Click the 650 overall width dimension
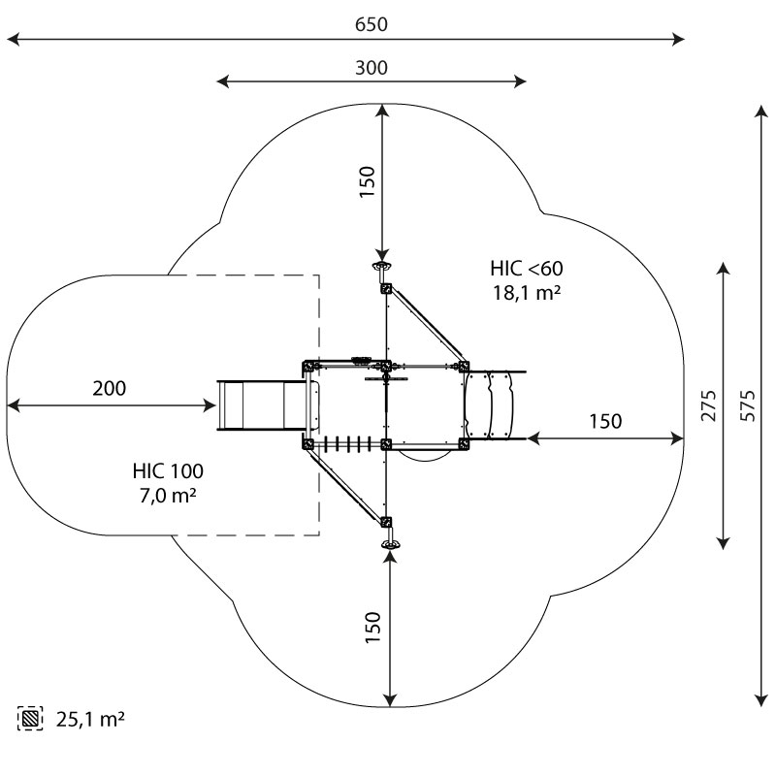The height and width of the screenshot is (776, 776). [371, 24]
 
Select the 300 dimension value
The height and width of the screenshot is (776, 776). [371, 67]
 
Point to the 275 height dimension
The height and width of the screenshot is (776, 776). [709, 406]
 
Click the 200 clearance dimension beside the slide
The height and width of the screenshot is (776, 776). [109, 389]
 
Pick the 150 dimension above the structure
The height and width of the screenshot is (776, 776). [367, 182]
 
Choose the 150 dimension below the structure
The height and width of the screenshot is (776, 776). [372, 628]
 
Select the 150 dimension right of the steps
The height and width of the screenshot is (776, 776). [605, 421]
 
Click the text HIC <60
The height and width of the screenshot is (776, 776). [527, 268]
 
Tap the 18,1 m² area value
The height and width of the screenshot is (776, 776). [527, 291]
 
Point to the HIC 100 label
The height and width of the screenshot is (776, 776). [168, 472]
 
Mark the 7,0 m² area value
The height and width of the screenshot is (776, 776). [168, 496]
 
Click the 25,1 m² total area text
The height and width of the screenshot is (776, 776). [89, 720]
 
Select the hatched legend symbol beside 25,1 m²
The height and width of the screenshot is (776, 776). [31, 719]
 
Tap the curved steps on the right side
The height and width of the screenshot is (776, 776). [495, 404]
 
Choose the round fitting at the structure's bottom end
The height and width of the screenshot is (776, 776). [390, 546]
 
